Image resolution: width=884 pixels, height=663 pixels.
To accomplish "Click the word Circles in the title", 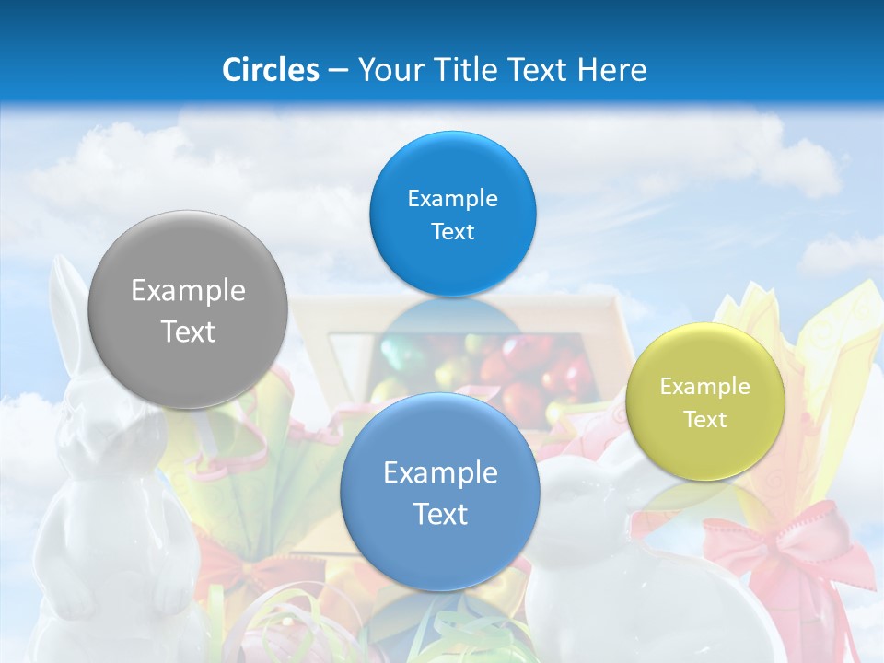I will tap(270, 70).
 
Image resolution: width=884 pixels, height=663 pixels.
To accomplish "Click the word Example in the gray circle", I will tap(188, 291).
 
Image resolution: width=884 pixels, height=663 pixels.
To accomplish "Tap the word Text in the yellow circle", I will tap(705, 420).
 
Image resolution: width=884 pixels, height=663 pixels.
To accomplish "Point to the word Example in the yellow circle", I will tap(705, 387).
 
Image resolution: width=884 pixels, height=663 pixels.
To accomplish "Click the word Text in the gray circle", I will tap(188, 331).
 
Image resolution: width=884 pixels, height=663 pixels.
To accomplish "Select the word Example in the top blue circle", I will tap(452, 199).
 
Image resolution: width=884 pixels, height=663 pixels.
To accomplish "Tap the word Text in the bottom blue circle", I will tap(440, 514).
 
